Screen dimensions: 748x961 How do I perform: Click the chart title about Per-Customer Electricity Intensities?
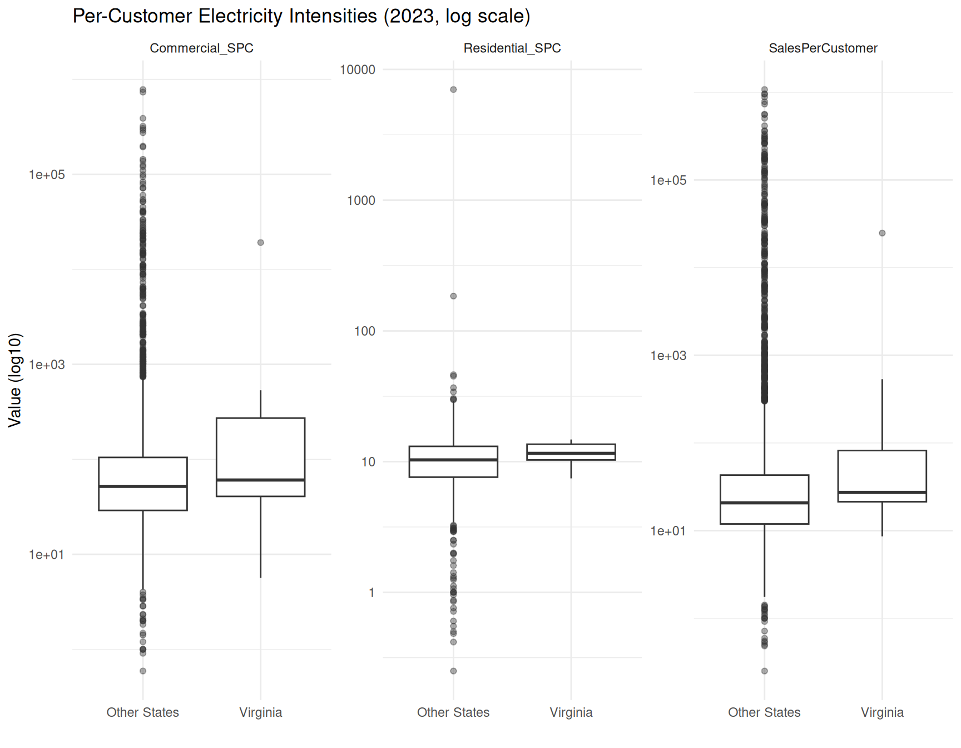point(301,16)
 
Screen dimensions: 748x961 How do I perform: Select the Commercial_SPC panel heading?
point(201,48)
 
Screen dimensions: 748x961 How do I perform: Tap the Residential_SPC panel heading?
point(512,48)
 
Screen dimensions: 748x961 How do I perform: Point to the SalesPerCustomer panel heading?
point(823,48)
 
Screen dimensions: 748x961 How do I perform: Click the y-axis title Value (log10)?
point(15,380)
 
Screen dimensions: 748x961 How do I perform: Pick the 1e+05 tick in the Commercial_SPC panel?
point(47,175)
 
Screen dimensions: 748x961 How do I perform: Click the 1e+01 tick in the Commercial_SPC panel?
point(47,555)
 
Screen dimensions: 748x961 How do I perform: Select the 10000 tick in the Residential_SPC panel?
point(358,70)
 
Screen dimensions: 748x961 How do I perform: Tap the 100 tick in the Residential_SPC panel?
point(365,331)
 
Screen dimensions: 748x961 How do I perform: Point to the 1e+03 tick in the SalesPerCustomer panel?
point(668,356)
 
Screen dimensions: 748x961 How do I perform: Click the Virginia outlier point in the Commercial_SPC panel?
point(260,243)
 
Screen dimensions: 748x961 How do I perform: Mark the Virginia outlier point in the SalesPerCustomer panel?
point(882,233)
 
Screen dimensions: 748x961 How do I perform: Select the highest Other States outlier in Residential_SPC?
point(453,90)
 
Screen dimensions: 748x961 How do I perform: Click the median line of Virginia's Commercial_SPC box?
point(260,480)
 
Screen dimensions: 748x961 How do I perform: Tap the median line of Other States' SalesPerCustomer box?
point(764,503)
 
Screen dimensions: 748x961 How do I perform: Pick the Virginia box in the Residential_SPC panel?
point(571,452)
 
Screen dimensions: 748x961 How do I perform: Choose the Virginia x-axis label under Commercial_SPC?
point(260,712)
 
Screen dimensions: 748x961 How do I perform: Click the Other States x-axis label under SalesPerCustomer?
point(764,712)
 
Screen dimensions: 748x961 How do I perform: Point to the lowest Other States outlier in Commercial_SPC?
point(143,671)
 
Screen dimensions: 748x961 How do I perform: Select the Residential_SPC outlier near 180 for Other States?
point(453,296)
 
